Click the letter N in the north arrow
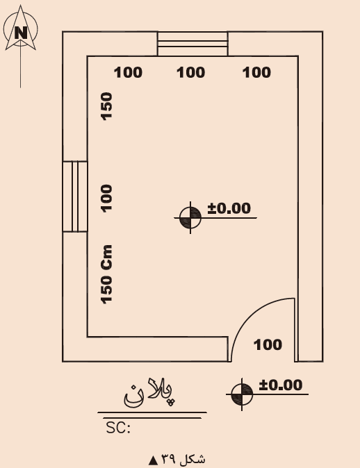pyautogui.click(x=21, y=33)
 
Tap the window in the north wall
pyautogui.click(x=193, y=44)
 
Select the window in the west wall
pyautogui.click(x=75, y=197)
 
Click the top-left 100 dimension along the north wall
pyautogui.click(x=128, y=72)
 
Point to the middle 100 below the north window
pyautogui.click(x=190, y=72)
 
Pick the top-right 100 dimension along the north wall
pyautogui.click(x=256, y=72)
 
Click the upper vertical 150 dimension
pyautogui.click(x=106, y=106)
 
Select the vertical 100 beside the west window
pyautogui.click(x=106, y=199)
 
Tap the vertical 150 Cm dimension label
pyautogui.click(x=106, y=274)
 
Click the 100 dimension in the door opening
pyautogui.click(x=268, y=344)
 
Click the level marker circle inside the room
pyautogui.click(x=190, y=218)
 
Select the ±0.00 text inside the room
pyautogui.click(x=229, y=208)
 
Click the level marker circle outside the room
pyautogui.click(x=242, y=394)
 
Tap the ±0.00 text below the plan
pyautogui.click(x=281, y=385)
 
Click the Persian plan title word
pyautogui.click(x=150, y=392)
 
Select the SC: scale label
pyautogui.click(x=118, y=428)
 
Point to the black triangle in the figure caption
pyautogui.click(x=153, y=460)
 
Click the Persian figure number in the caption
pyautogui.click(x=168, y=459)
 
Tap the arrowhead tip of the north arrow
pyautogui.click(x=21, y=5)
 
